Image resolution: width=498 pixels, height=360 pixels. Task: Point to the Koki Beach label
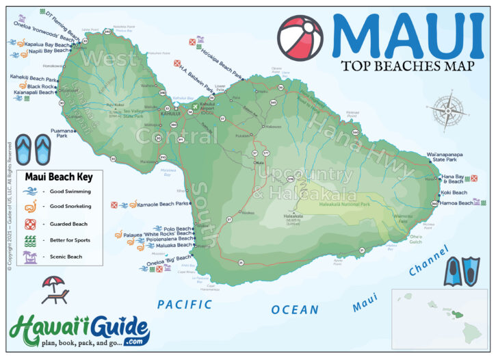coord(454,192)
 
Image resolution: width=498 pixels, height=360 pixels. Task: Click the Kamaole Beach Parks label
coord(162,204)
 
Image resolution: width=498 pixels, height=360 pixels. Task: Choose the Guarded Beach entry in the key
coord(68,224)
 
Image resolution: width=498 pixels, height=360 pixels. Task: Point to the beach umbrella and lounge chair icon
coord(55,289)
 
